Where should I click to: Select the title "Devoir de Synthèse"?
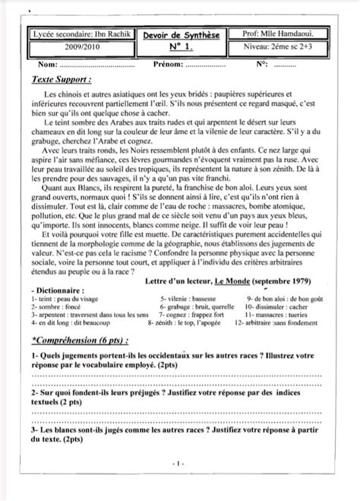point(179,35)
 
